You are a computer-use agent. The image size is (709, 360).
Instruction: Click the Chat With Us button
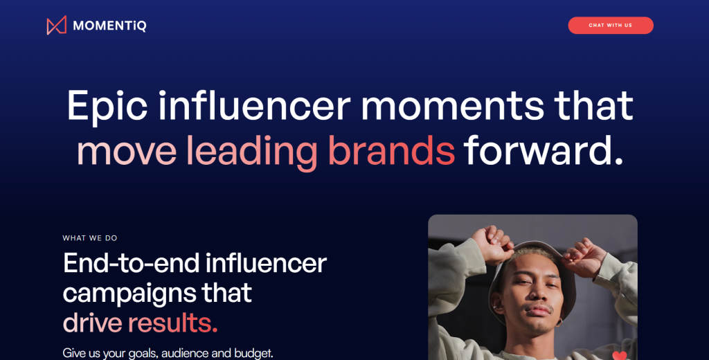(x=611, y=26)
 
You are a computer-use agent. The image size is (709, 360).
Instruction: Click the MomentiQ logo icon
(x=57, y=26)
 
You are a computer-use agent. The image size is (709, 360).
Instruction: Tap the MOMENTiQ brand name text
(x=109, y=26)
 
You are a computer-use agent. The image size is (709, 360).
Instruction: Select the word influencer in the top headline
(x=255, y=105)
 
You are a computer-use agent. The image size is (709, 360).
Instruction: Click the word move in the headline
(x=127, y=152)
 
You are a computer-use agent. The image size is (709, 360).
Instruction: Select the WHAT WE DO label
(x=90, y=238)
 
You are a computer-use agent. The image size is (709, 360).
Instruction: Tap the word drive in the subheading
(x=92, y=323)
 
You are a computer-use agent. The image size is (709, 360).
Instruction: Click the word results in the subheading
(x=172, y=323)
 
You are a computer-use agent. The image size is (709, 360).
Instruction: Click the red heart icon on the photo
(x=620, y=356)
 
